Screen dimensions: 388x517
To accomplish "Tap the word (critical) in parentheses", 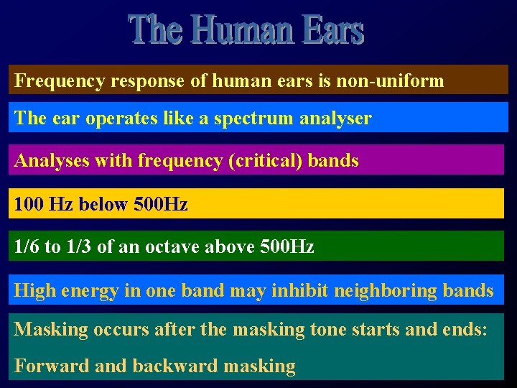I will (x=266, y=160).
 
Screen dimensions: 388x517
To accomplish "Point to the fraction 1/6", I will (x=27, y=247).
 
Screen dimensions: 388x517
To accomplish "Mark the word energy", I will (x=92, y=291).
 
